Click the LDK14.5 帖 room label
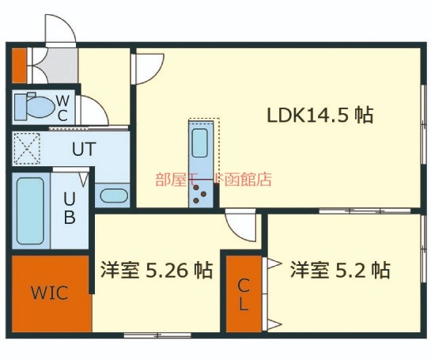click(x=320, y=116)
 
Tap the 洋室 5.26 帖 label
click(x=156, y=270)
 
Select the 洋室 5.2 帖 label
click(x=340, y=270)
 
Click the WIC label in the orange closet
click(x=50, y=293)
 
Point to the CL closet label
click(x=244, y=294)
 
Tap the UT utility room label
click(x=84, y=149)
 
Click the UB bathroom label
click(x=70, y=207)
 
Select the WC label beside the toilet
click(x=62, y=108)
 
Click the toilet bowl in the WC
click(x=40, y=107)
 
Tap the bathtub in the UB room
click(x=30, y=210)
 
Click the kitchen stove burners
click(x=200, y=194)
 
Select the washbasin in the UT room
click(x=114, y=195)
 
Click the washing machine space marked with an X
click(x=27, y=149)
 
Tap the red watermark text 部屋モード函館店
click(x=214, y=180)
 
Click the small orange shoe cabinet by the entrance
click(x=19, y=66)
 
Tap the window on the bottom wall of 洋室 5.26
click(x=157, y=335)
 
